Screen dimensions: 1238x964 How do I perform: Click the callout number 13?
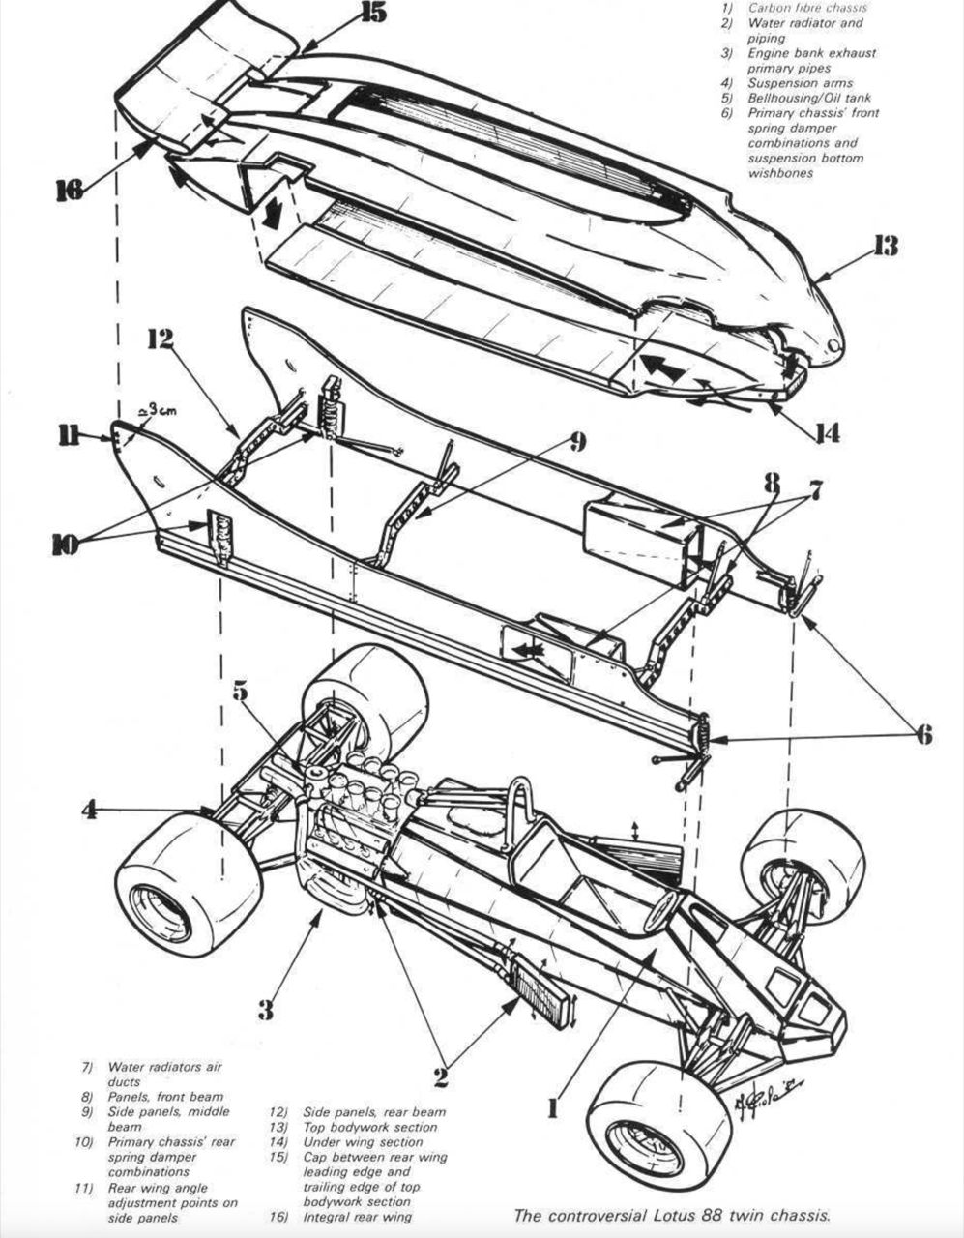click(885, 246)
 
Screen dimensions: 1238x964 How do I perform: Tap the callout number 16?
click(68, 190)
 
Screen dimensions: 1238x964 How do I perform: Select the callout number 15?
click(373, 13)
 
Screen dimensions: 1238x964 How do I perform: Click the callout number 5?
click(241, 691)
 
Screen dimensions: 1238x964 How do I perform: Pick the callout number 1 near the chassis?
click(553, 1107)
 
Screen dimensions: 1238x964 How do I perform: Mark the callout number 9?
click(576, 442)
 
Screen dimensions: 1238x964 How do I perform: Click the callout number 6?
click(923, 736)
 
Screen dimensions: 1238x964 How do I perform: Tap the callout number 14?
click(825, 433)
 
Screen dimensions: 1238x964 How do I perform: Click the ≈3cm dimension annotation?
click(159, 411)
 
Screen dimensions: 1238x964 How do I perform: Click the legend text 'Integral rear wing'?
click(357, 1217)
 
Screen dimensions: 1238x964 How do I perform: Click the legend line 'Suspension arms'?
click(800, 83)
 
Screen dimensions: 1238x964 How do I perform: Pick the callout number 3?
click(265, 1010)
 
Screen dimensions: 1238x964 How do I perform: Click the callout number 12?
click(160, 339)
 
